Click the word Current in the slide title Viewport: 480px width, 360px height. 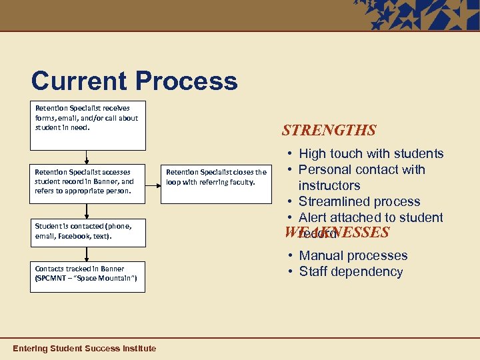click(x=79, y=81)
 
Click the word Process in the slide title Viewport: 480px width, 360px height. click(x=187, y=81)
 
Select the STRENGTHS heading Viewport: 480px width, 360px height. click(x=329, y=130)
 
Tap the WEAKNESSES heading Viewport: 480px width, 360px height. click(x=337, y=232)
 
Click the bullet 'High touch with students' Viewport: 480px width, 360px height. click(x=371, y=153)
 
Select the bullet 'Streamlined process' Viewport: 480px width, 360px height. click(x=359, y=201)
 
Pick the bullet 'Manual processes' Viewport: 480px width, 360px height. click(x=353, y=255)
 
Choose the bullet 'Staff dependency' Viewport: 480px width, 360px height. click(x=351, y=271)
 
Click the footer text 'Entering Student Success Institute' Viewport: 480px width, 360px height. click(x=85, y=348)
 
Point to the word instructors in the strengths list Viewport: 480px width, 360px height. click(x=329, y=185)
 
